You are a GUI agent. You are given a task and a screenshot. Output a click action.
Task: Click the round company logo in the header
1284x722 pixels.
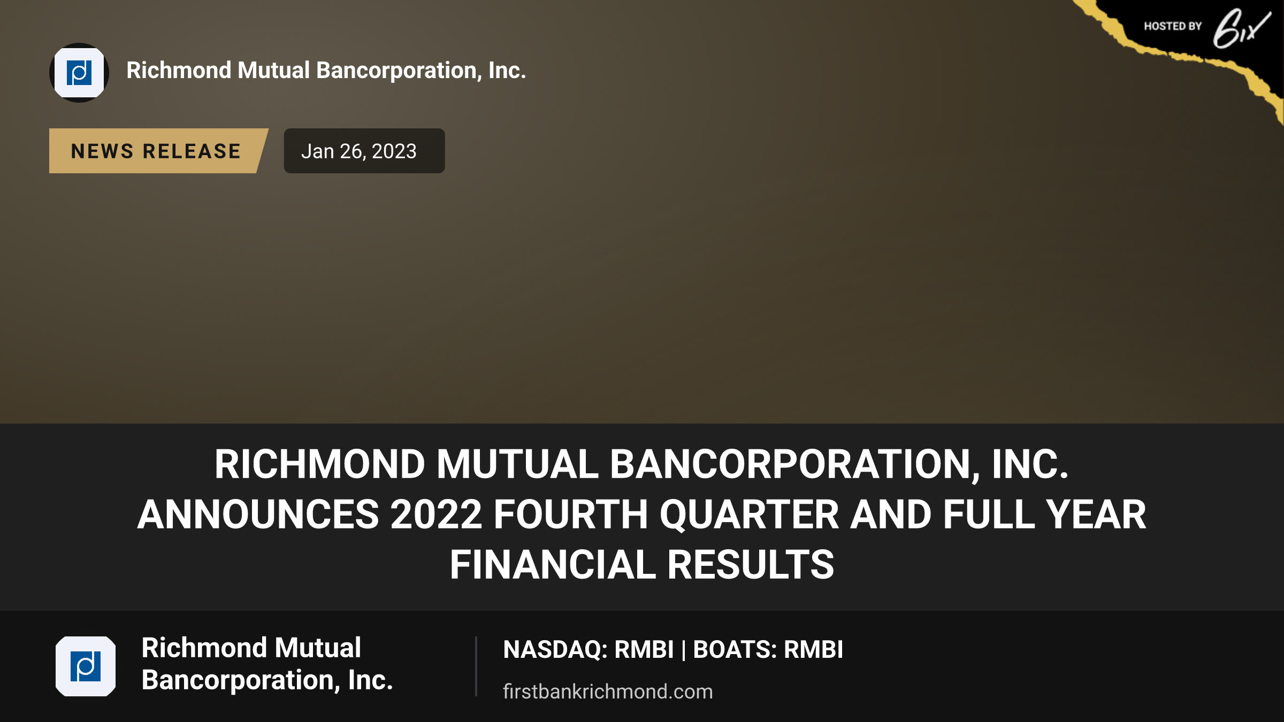[79, 73]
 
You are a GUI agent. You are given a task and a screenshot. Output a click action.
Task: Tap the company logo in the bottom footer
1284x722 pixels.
[86, 666]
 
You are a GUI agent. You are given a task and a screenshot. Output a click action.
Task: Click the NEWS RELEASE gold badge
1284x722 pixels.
[158, 151]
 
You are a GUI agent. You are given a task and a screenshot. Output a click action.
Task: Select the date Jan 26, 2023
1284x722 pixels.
[359, 151]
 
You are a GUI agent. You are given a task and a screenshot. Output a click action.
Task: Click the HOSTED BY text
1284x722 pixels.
[1173, 26]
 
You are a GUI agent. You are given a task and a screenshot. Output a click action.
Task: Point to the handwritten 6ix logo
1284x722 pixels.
[1241, 28]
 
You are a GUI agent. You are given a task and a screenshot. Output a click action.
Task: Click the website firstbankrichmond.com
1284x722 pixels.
[608, 692]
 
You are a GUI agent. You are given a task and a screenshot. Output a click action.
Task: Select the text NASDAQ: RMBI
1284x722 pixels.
[588, 650]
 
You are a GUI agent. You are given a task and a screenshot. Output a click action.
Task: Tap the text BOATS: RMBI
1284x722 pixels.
[768, 650]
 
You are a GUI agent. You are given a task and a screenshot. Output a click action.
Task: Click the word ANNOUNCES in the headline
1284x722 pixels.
[258, 514]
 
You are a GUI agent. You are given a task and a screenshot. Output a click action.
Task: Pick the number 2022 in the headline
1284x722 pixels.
[437, 514]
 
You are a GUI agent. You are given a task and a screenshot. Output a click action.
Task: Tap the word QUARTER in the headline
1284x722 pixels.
[749, 514]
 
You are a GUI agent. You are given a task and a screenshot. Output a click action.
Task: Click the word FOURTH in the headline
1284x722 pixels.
[571, 514]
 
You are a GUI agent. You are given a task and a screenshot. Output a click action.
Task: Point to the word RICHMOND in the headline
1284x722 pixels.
[320, 464]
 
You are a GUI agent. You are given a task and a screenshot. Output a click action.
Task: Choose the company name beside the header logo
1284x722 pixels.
[326, 71]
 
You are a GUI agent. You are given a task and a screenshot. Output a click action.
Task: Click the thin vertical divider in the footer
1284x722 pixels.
[476, 666]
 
